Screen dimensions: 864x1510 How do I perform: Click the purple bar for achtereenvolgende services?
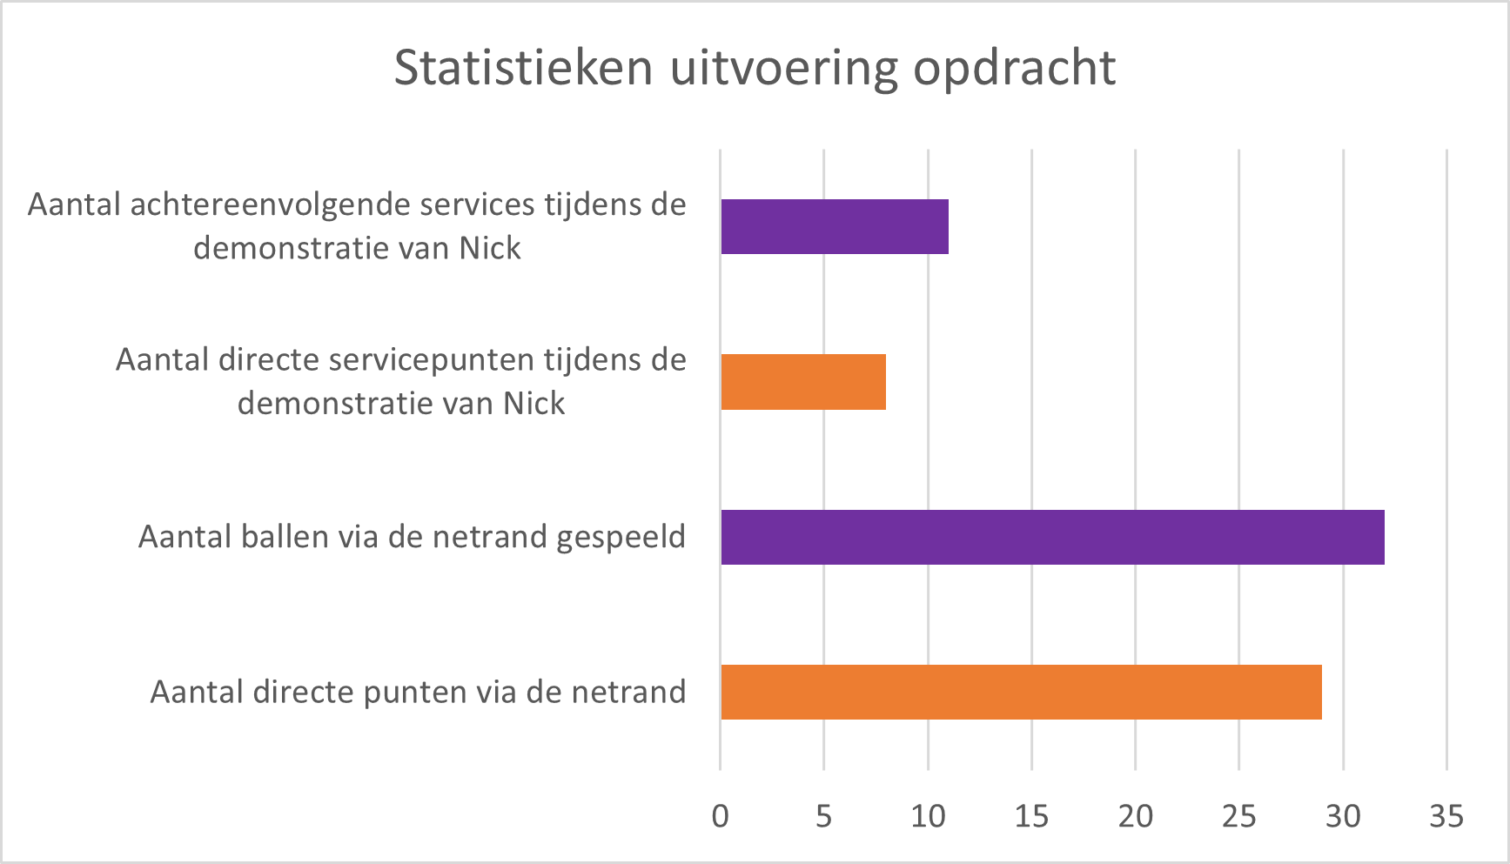834,226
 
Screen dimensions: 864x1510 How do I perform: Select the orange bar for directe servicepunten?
802,382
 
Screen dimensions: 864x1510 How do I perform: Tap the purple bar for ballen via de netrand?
1051,537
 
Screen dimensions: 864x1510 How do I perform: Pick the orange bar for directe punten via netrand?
1020,693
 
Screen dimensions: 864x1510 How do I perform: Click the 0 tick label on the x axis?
720,816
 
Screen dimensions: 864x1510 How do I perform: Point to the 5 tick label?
823,816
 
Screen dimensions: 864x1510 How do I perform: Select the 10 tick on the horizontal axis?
928,816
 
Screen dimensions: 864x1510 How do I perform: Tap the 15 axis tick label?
1031,816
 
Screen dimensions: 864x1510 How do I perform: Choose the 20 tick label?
1135,816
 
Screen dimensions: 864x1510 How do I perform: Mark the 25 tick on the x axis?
1238,816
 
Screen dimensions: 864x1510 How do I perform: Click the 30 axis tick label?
1343,816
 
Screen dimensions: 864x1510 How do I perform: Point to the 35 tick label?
1446,816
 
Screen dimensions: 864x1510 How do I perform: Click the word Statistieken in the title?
523,68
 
